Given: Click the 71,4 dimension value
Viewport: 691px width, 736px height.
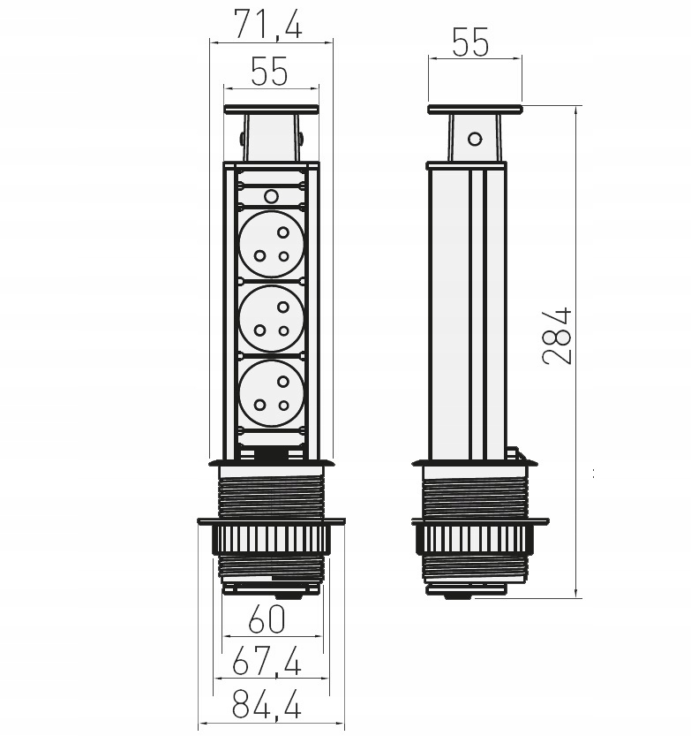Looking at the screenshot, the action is pos(268,24).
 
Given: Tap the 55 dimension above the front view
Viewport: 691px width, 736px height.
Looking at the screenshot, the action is pos(269,72).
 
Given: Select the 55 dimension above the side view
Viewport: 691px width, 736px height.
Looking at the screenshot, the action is pos(470,42).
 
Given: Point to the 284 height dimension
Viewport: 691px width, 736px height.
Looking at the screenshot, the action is pos(558,336).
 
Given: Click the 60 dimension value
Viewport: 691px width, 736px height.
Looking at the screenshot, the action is pos(267,619).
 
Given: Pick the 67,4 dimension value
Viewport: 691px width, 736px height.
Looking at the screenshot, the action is pos(267,660).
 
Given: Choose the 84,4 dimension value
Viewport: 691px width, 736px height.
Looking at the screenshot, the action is pos(267,704).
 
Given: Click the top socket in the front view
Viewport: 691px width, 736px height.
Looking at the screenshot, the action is pos(272,244).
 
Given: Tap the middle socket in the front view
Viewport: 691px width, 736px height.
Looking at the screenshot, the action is pos(272,319).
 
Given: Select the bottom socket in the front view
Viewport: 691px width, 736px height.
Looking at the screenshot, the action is pos(272,393).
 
